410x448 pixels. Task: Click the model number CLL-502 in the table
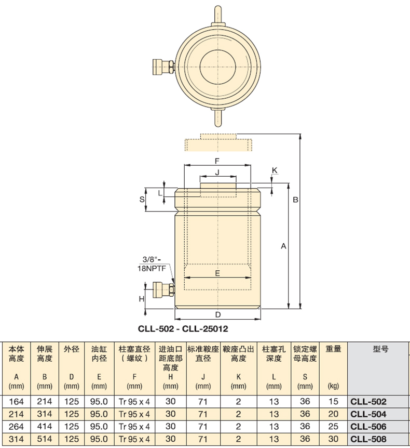368,401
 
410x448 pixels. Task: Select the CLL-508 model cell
368,439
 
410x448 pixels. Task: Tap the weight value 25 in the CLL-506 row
333,426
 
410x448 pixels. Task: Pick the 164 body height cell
16,401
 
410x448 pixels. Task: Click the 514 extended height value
45,439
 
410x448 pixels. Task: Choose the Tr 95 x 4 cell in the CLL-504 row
134,414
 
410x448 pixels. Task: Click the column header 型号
380,349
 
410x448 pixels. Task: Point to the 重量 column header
333,349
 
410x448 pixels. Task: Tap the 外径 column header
71,349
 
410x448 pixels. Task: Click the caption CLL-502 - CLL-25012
183,328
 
